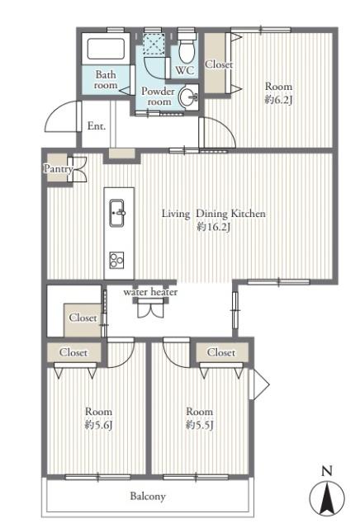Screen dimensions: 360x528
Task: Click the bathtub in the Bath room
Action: [106, 49]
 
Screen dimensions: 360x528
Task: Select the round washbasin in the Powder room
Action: [187, 97]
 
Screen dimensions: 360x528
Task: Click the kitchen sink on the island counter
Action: [117, 213]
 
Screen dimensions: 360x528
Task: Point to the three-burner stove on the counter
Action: [116, 260]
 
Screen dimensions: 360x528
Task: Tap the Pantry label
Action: [58, 168]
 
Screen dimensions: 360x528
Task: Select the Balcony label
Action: [148, 496]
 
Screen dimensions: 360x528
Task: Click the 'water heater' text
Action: [150, 291]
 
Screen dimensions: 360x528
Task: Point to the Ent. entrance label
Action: [97, 126]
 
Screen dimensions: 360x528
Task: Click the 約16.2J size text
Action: [214, 228]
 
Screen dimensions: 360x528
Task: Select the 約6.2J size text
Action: [278, 100]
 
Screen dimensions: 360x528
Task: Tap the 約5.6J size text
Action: [98, 426]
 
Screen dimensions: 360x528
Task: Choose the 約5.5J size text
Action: [200, 426]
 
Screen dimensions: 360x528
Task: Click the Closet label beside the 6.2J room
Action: [219, 64]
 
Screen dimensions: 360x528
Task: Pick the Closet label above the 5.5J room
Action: [221, 352]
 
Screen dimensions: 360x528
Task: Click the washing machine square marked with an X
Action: [154, 43]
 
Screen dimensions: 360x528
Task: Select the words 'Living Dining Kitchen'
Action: [214, 214]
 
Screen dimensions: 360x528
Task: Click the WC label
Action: [185, 70]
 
